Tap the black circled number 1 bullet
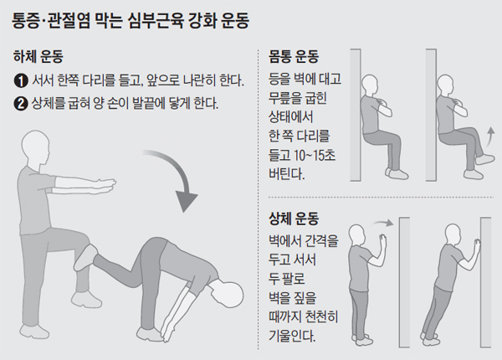click(x=21, y=82)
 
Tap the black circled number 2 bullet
click(x=21, y=105)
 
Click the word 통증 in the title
click(x=30, y=17)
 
